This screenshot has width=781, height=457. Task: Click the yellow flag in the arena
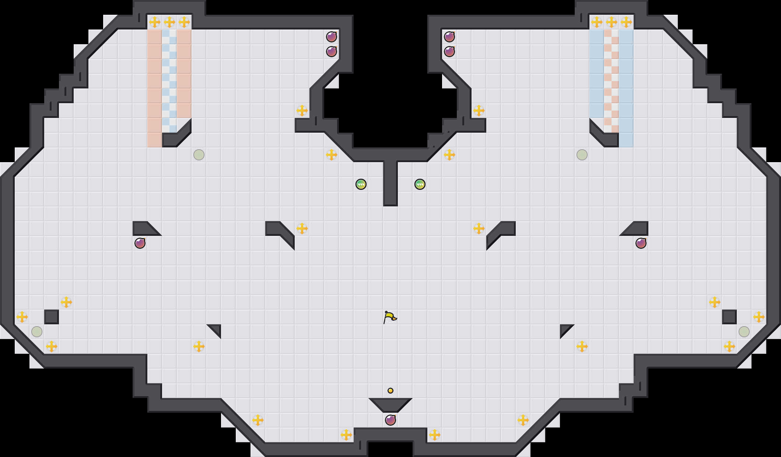pyautogui.click(x=390, y=317)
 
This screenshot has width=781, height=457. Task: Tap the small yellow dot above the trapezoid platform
pyautogui.click(x=390, y=391)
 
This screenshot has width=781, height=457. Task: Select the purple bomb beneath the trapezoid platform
pyautogui.click(x=390, y=420)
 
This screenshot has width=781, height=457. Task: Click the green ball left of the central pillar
pyautogui.click(x=361, y=184)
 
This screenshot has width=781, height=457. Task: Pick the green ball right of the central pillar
pyautogui.click(x=420, y=184)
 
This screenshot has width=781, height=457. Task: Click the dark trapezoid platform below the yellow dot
pyautogui.click(x=390, y=405)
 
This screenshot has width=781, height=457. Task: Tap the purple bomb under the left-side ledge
pyautogui.click(x=140, y=243)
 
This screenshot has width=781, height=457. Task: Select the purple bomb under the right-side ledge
pyautogui.click(x=641, y=243)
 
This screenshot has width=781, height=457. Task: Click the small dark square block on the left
pyautogui.click(x=52, y=317)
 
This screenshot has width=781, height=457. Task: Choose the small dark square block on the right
pyautogui.click(x=729, y=317)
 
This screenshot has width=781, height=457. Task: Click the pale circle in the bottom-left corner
pyautogui.click(x=37, y=332)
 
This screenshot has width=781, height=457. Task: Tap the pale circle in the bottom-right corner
pyautogui.click(x=744, y=332)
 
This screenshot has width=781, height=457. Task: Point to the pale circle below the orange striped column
pyautogui.click(x=199, y=155)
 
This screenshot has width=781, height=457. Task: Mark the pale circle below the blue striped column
pyautogui.click(x=582, y=155)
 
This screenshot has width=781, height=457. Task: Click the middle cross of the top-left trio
pyautogui.click(x=169, y=22)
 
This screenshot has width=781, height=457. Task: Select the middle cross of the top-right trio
pyautogui.click(x=612, y=22)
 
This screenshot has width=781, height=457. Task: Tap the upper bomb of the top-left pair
pyautogui.click(x=332, y=37)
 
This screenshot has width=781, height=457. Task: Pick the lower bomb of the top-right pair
pyautogui.click(x=449, y=52)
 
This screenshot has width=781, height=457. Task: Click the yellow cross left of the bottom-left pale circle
pyautogui.click(x=22, y=317)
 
